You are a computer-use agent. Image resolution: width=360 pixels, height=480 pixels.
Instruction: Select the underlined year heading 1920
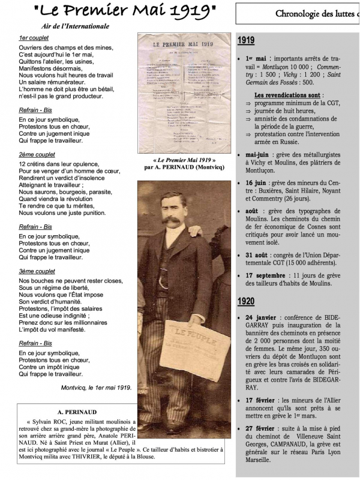[246, 300]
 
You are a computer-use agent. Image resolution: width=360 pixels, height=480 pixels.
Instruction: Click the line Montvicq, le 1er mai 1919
[95, 388]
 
